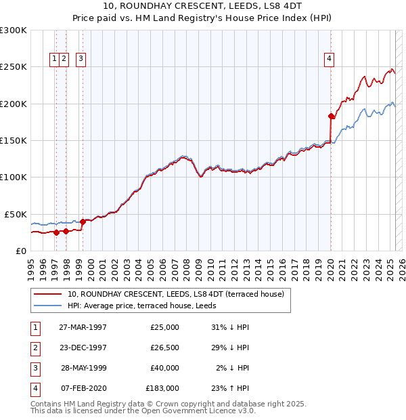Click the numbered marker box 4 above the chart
click(x=329, y=59)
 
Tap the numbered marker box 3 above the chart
click(x=81, y=59)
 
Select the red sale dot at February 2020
click(x=331, y=116)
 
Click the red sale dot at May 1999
click(x=83, y=221)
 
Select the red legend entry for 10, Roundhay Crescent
click(x=179, y=294)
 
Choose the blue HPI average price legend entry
click(x=141, y=306)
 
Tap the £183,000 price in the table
click(x=162, y=388)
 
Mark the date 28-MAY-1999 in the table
click(x=83, y=368)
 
